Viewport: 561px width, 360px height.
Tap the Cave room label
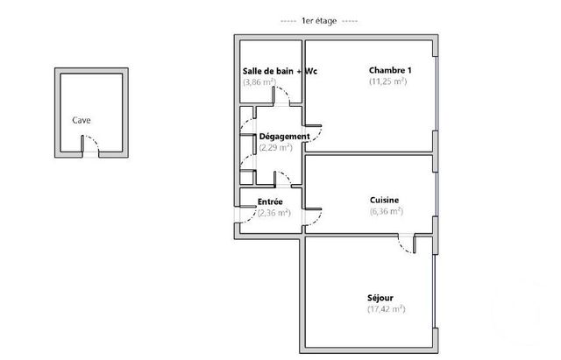click(81, 121)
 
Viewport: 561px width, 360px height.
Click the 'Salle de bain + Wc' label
click(278, 71)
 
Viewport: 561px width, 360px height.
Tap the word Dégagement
click(284, 137)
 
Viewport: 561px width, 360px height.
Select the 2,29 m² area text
click(275, 147)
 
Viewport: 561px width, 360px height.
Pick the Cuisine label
click(385, 201)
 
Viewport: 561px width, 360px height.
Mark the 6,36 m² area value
click(385, 211)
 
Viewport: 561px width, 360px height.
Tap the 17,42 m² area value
click(385, 308)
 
